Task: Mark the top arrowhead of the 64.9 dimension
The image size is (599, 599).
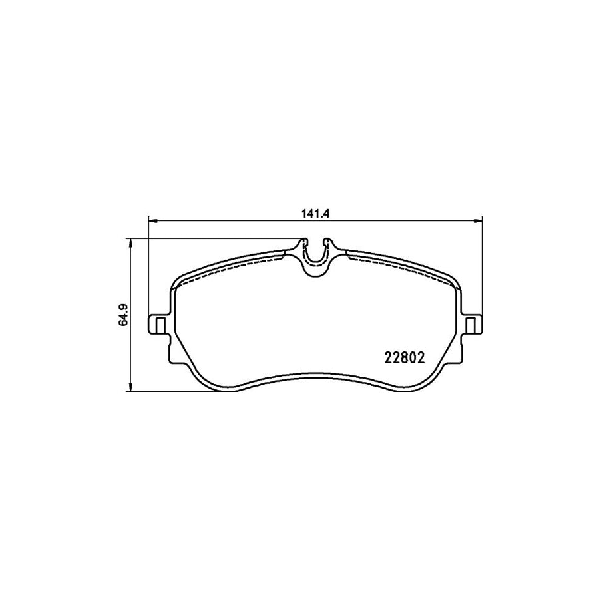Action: tap(131, 242)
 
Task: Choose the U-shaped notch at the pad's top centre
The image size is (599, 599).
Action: tap(315, 256)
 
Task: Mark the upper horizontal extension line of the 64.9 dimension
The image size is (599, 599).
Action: tap(213, 238)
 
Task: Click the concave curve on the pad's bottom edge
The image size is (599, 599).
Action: tap(315, 381)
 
